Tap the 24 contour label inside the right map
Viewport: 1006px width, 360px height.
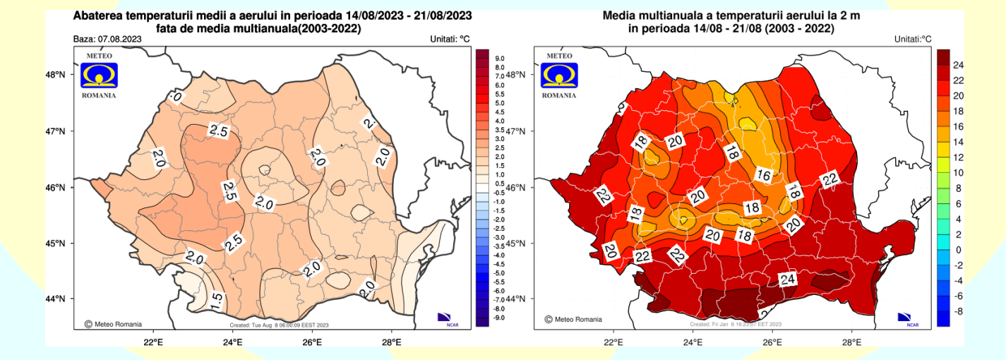(x=788, y=279)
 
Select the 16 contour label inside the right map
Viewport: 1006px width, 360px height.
(x=765, y=174)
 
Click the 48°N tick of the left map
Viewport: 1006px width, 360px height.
(x=56, y=74)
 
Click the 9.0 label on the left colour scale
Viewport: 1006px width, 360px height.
(x=498, y=59)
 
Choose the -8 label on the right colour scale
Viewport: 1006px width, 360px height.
(x=957, y=311)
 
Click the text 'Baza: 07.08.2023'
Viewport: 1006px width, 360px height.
(x=104, y=40)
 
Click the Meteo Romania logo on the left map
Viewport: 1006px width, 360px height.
(x=99, y=75)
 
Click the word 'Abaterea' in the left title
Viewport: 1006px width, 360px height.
(x=99, y=16)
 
